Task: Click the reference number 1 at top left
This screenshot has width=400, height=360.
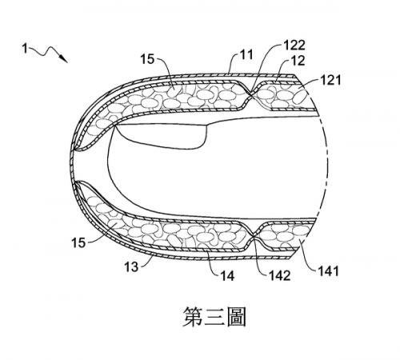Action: click(25, 49)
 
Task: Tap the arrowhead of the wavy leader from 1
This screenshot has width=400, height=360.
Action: click(64, 58)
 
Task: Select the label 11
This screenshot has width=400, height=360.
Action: click(246, 55)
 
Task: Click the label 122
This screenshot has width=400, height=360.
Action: click(294, 45)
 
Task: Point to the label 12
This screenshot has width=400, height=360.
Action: click(298, 61)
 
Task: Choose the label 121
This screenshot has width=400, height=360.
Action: click(330, 80)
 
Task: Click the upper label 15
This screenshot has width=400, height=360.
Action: click(147, 59)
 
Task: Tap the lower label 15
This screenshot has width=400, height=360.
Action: click(78, 242)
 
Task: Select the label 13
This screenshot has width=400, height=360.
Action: click(132, 266)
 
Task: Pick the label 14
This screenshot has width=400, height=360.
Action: click(227, 276)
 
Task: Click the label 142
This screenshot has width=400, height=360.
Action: click(279, 275)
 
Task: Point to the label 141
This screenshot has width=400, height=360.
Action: click(328, 271)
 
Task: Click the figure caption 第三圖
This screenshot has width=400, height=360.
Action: click(214, 316)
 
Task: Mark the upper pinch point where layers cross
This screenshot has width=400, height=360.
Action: click(250, 93)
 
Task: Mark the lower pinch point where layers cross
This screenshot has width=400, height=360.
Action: click(254, 235)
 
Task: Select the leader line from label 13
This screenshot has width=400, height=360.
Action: click(146, 262)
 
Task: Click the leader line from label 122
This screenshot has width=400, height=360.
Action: click(266, 62)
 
